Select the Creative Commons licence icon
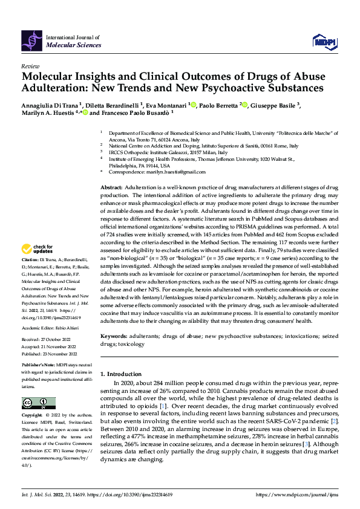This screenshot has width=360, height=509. point(39,403)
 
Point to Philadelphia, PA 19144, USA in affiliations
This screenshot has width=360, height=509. point(139,165)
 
